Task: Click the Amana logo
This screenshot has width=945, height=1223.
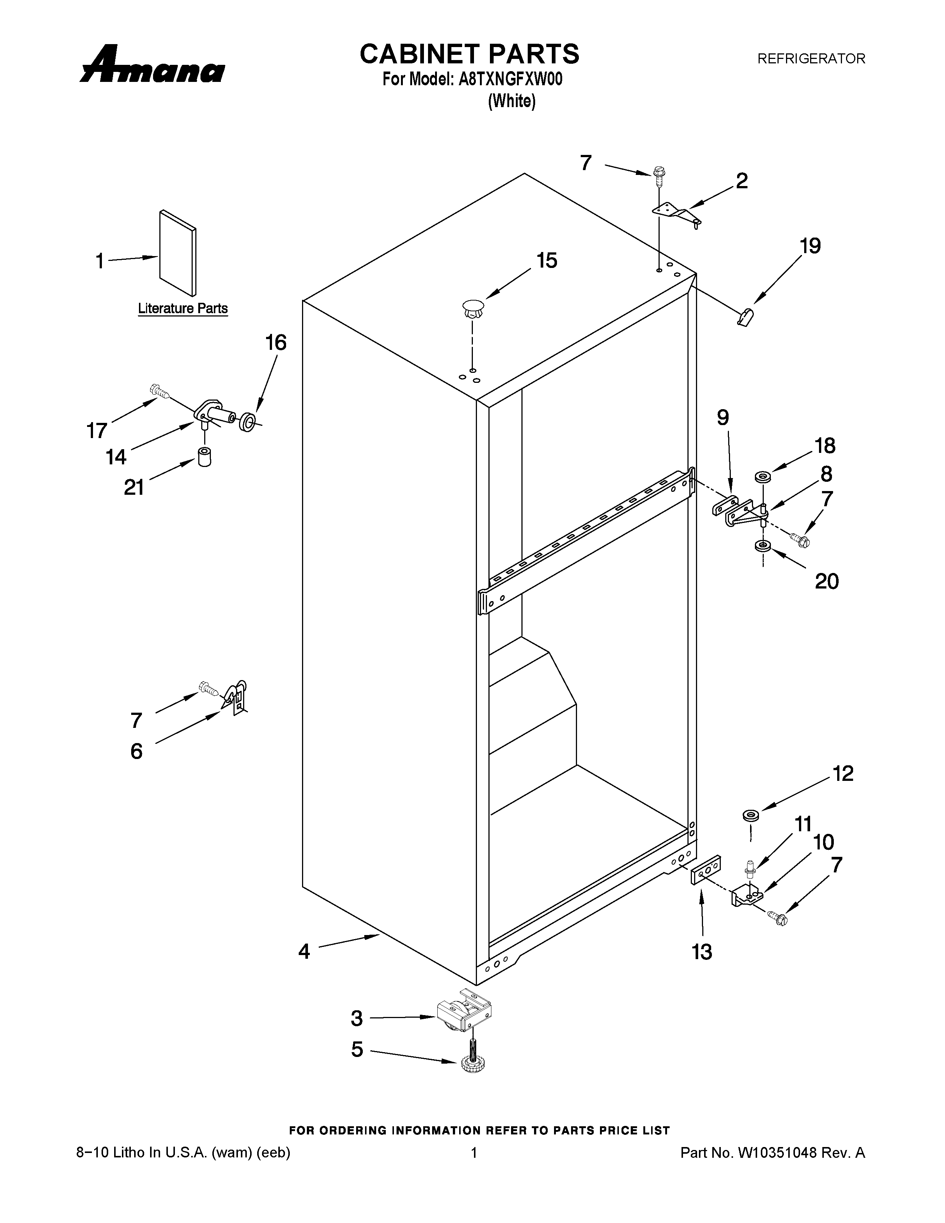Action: [x=152, y=66]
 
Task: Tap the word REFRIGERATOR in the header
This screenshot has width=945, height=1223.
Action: [x=811, y=58]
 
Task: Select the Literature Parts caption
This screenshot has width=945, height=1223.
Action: [x=183, y=309]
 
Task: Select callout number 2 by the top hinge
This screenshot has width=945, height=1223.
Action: [x=741, y=180]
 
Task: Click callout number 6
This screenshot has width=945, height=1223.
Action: [x=137, y=751]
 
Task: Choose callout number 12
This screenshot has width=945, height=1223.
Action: [x=843, y=773]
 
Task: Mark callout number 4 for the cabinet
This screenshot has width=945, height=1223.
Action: [x=304, y=951]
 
